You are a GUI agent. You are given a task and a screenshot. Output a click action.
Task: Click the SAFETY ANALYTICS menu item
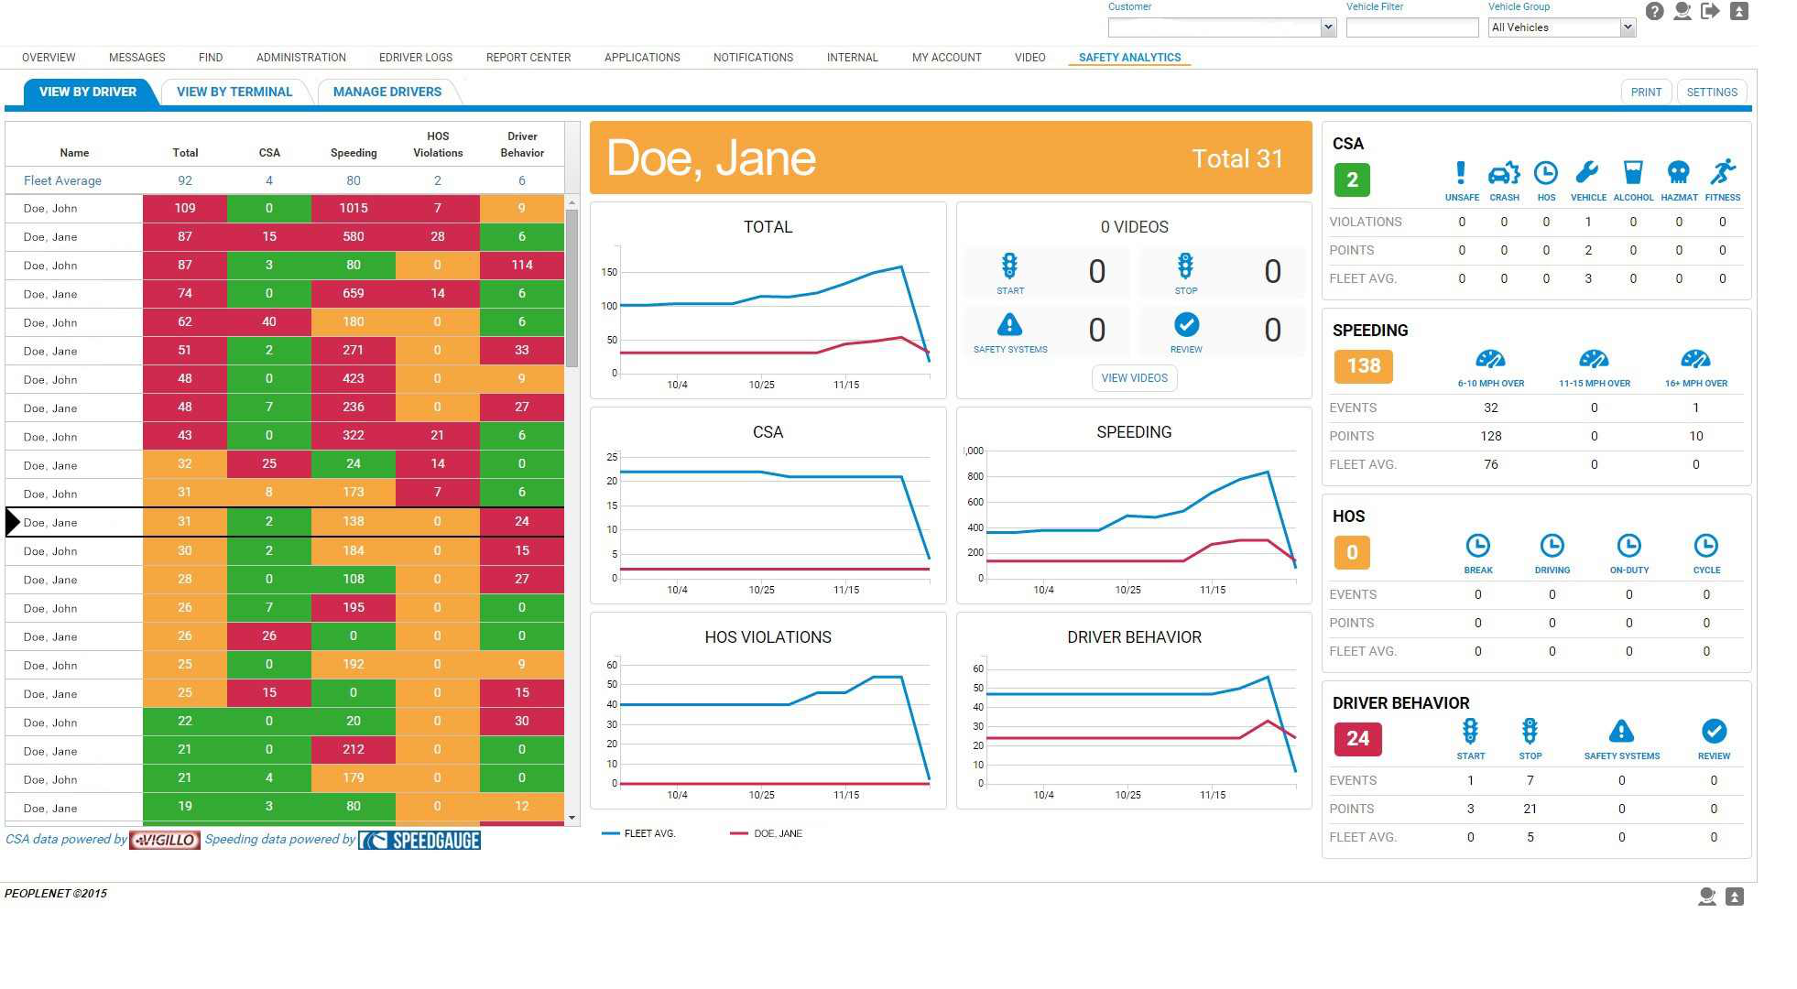[1128, 57]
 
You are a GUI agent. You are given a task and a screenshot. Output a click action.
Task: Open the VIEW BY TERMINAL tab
[234, 92]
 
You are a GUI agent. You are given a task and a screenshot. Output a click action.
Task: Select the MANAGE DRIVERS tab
[387, 92]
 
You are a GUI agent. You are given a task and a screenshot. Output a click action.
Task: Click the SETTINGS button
[1711, 92]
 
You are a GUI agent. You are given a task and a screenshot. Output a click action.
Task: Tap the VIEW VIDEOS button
[1134, 378]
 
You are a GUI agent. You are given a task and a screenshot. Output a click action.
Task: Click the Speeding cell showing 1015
[354, 208]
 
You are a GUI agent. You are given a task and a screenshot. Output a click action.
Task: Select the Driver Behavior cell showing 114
[521, 265]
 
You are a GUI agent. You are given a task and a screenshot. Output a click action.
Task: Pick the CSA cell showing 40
[269, 321]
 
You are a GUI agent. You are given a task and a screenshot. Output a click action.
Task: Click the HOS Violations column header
[438, 145]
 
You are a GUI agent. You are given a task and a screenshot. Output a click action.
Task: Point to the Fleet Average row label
[62, 180]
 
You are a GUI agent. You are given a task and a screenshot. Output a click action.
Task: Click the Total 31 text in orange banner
[1236, 158]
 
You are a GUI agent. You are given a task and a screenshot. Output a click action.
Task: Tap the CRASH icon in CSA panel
[1503, 174]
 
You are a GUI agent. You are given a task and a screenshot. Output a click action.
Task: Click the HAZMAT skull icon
[1678, 174]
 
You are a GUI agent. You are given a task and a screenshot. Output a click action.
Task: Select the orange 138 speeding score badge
[1363, 366]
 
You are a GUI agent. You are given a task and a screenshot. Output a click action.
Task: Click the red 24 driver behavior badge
[1357, 739]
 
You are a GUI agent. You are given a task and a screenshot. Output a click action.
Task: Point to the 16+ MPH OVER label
[1695, 384]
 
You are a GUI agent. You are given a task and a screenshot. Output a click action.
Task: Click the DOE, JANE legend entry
[777, 833]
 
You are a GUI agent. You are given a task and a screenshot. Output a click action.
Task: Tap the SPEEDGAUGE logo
[419, 840]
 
